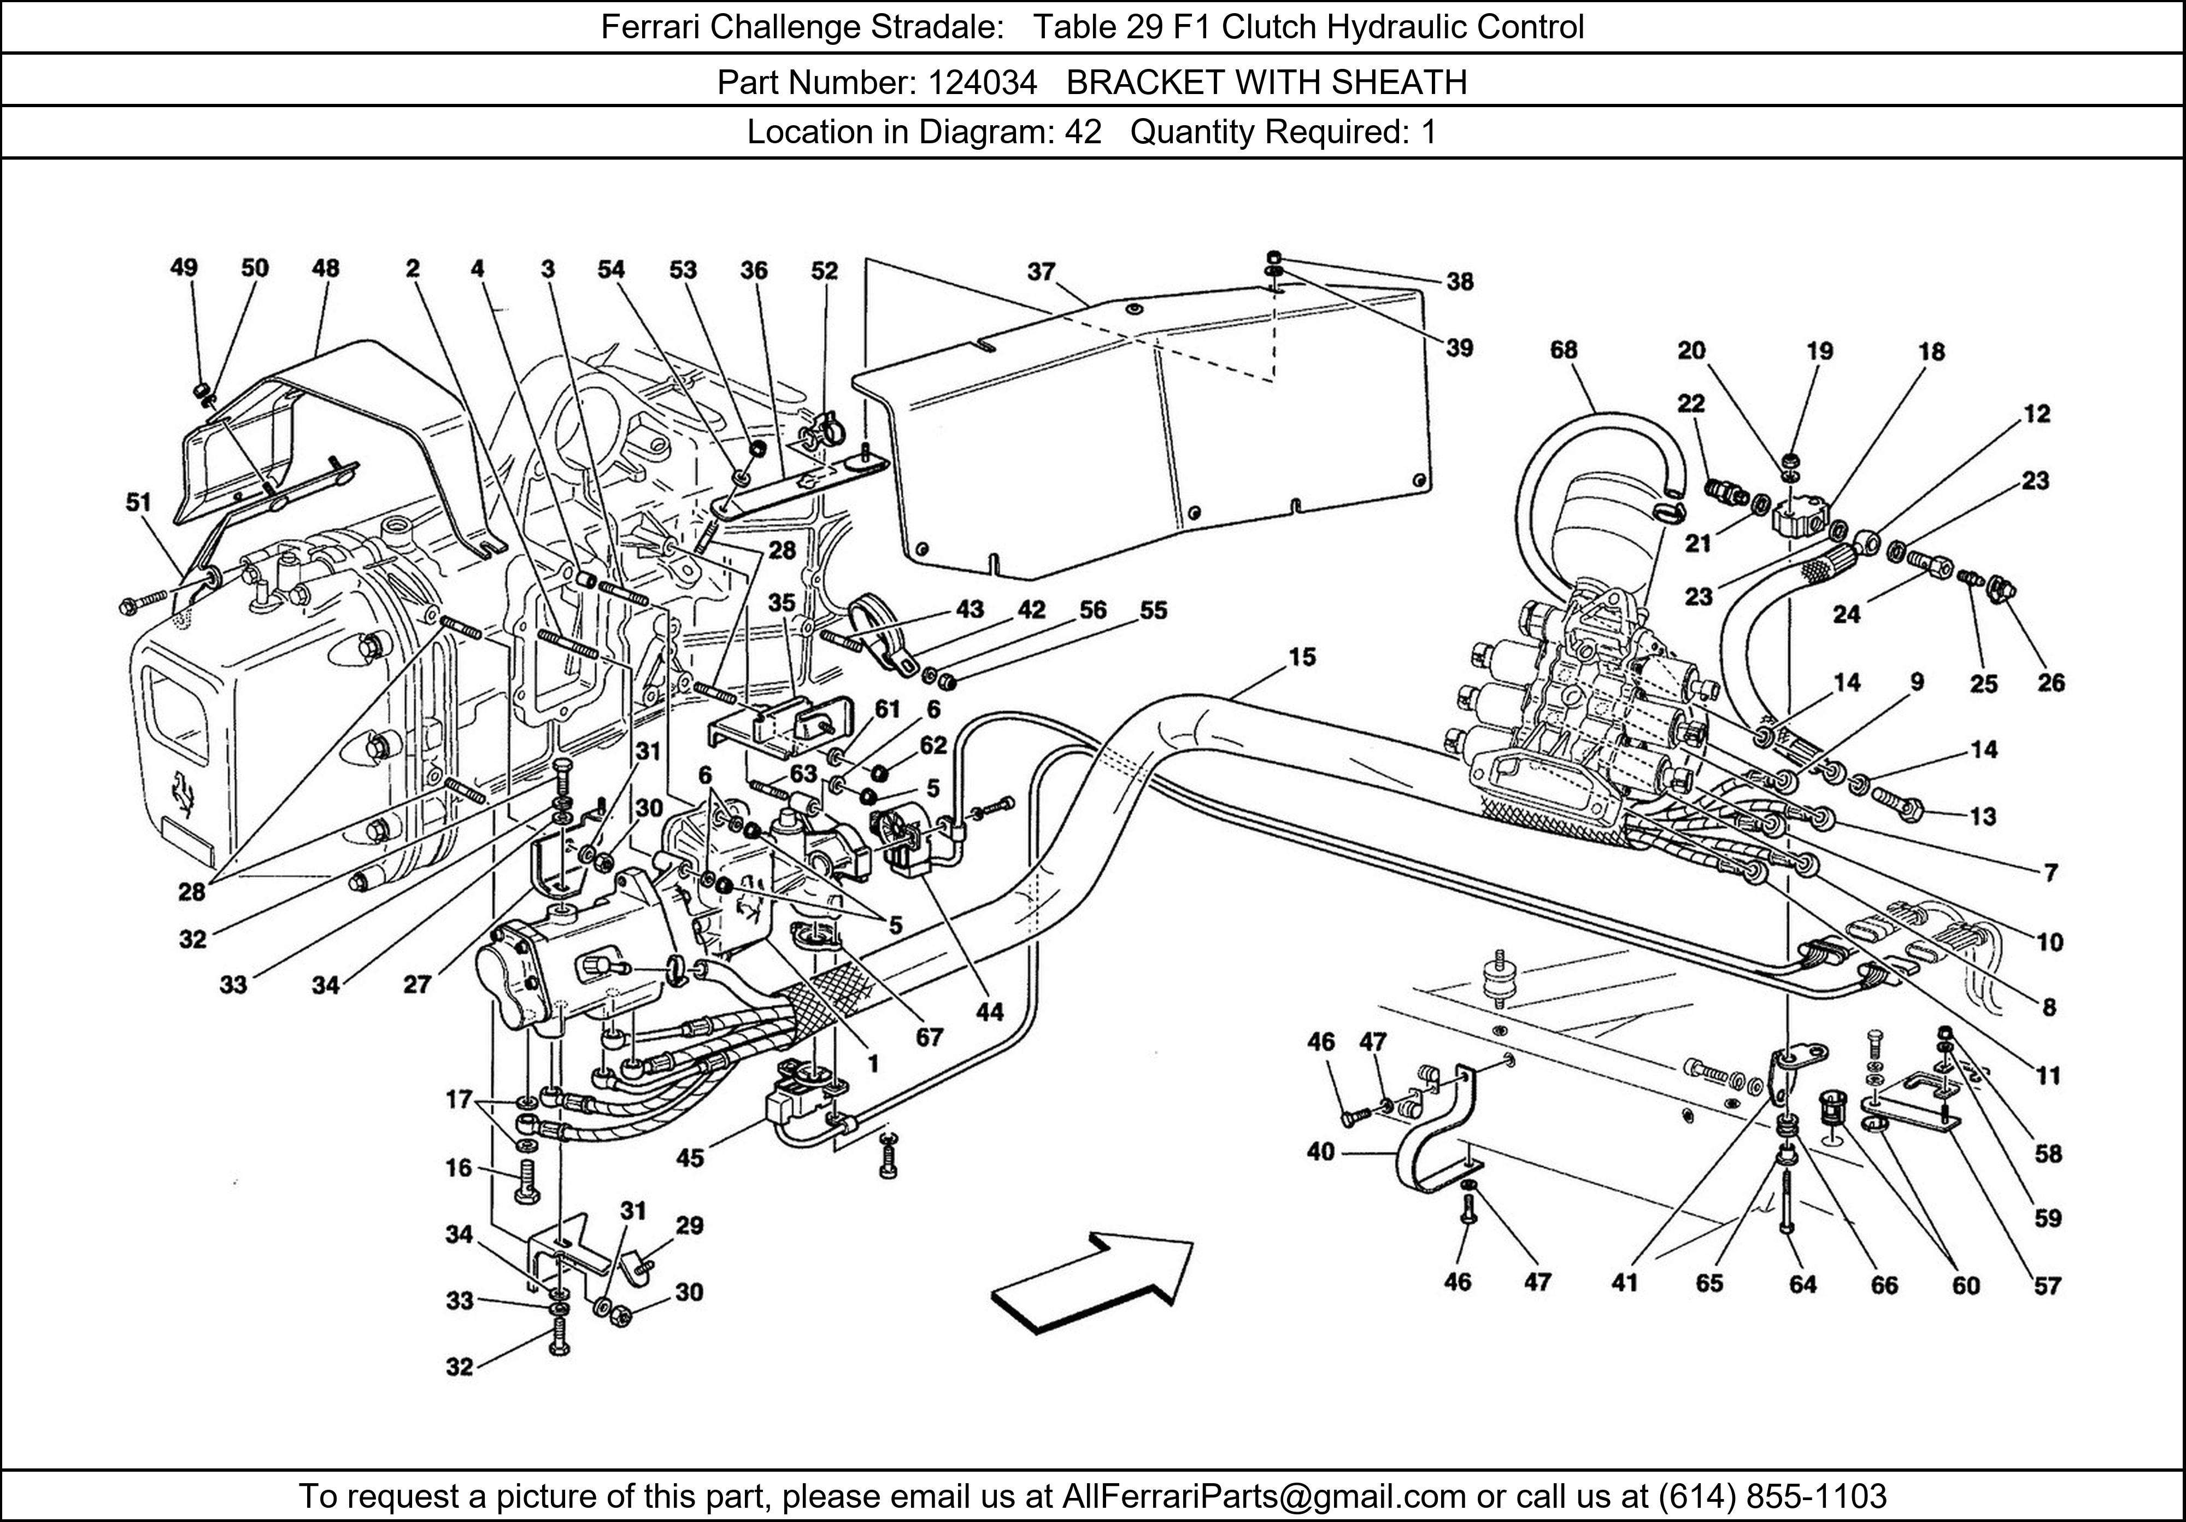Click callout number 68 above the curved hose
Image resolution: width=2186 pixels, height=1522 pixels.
click(x=1564, y=350)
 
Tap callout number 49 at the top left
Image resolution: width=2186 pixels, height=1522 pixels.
click(x=184, y=268)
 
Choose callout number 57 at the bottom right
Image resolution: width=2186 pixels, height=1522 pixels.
click(x=2047, y=1286)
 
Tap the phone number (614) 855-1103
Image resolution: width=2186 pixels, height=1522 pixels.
click(x=1772, y=1496)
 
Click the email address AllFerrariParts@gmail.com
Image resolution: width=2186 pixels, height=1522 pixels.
click(x=1262, y=1496)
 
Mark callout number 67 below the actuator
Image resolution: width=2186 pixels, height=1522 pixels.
click(x=929, y=1036)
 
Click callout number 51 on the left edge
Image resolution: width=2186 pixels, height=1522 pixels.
click(x=139, y=502)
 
